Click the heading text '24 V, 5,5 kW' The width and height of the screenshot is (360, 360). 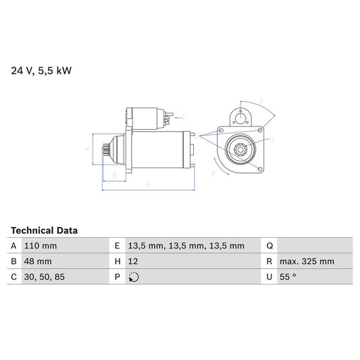[x=40, y=69]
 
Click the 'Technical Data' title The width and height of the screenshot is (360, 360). [x=44, y=230]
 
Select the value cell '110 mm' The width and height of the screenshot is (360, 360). [x=40, y=246]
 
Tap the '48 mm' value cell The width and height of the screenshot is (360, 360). [x=37, y=261]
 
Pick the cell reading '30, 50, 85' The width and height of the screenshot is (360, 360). [x=44, y=276]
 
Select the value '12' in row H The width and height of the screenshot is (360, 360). [x=132, y=261]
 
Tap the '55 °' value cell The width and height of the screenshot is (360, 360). [x=289, y=276]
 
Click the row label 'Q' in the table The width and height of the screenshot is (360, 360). [x=269, y=246]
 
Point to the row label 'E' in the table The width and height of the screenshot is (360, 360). [x=117, y=246]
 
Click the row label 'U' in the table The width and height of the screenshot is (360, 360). [x=269, y=276]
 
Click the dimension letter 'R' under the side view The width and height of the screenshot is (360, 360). [x=147, y=184]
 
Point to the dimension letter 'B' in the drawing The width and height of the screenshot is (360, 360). [x=115, y=176]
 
